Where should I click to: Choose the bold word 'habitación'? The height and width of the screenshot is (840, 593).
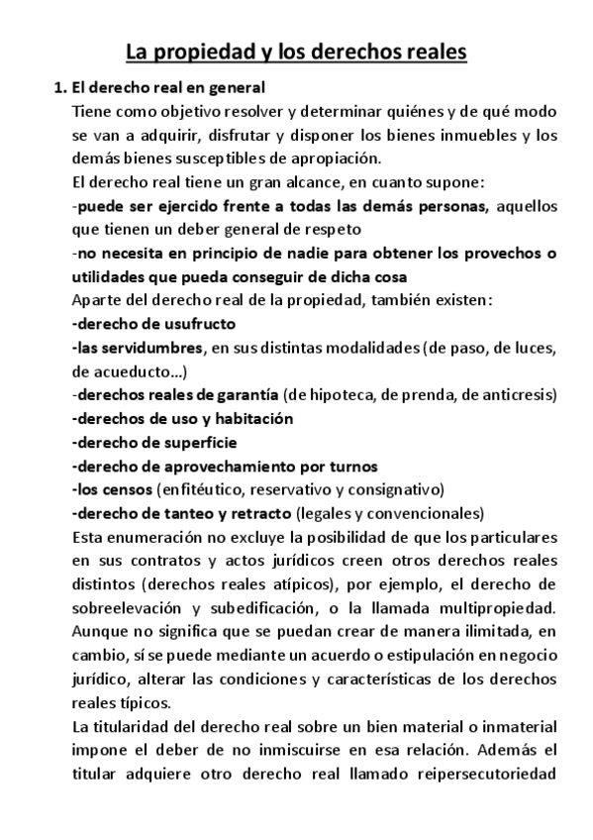(251, 418)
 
